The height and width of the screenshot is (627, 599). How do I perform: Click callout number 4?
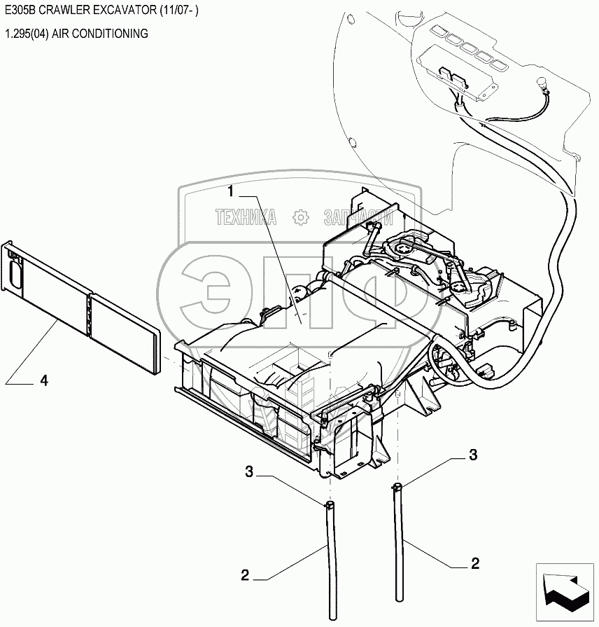pos(43,380)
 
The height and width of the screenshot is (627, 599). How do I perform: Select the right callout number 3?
pos(473,455)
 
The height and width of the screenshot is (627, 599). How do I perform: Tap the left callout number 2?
pos(245,576)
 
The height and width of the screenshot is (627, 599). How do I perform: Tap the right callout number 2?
pos(475,563)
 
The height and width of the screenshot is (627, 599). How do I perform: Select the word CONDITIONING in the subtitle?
pos(113,34)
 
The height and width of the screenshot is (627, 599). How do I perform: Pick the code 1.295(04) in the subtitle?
pos(24,34)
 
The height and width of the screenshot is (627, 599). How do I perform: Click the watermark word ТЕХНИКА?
pos(246,218)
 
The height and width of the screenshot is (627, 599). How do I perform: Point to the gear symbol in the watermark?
pos(301,218)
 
